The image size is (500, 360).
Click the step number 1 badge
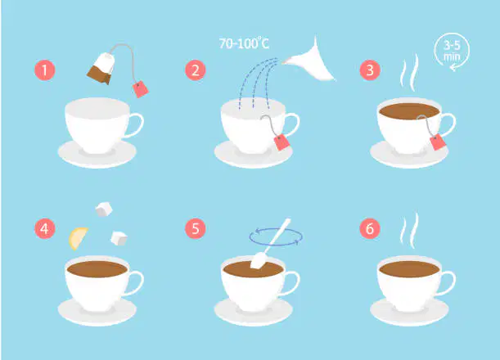[x=45, y=70]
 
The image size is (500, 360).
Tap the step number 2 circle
[x=196, y=70]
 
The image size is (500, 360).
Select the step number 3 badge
[x=370, y=70]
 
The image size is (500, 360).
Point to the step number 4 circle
[x=45, y=228]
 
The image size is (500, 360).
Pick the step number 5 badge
[x=196, y=228]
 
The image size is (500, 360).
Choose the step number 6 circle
[x=370, y=228]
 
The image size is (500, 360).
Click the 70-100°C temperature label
[x=244, y=43]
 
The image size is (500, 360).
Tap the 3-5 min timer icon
[x=453, y=51]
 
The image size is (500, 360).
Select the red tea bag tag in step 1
[x=140, y=89]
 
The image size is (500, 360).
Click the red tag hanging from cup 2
[x=282, y=142]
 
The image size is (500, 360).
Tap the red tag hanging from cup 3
[x=438, y=142]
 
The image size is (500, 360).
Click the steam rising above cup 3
[x=409, y=72]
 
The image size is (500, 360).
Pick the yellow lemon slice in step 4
[x=78, y=239]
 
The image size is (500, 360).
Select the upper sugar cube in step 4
[x=104, y=209]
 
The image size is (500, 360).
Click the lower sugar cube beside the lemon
[x=119, y=238]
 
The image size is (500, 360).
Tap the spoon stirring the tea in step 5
[x=270, y=244]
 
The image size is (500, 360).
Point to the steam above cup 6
[x=409, y=230]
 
